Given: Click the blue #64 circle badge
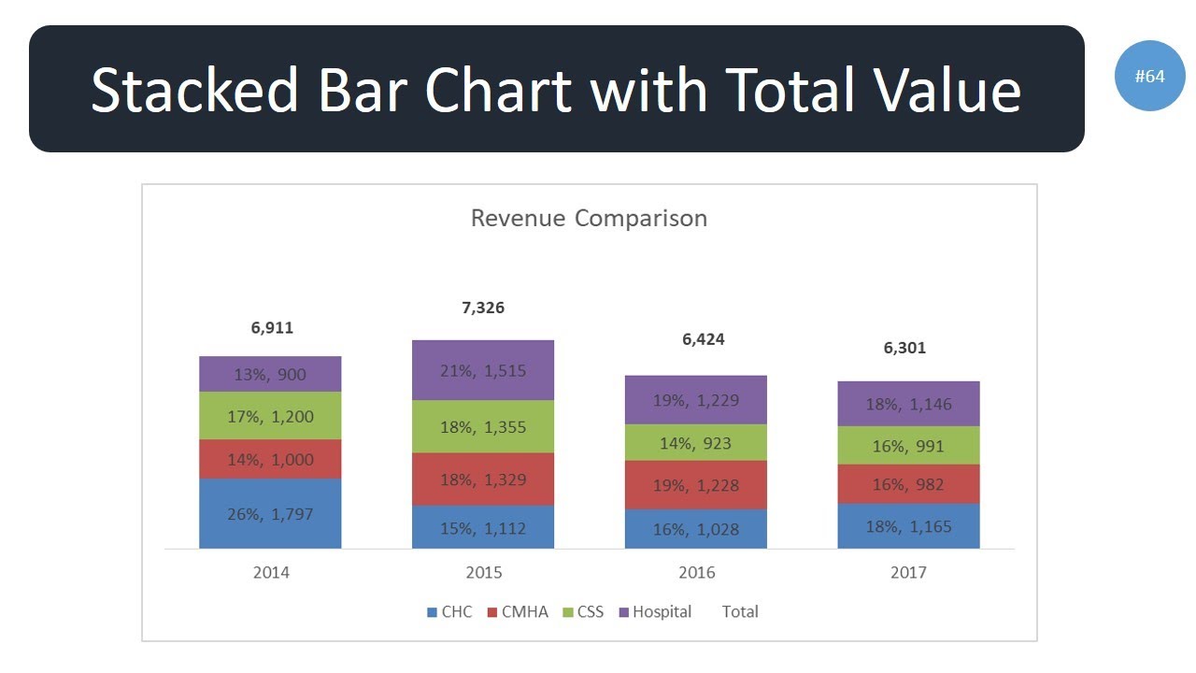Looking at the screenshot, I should click(x=1149, y=77).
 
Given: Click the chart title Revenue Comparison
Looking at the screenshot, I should click(x=589, y=219).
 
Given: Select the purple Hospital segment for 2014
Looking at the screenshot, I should click(x=270, y=374).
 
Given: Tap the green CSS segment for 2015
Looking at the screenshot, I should click(x=483, y=427).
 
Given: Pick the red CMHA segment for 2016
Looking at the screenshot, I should click(x=695, y=485).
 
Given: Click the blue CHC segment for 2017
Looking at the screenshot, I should click(x=908, y=526).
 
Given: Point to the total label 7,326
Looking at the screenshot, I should click(x=483, y=308).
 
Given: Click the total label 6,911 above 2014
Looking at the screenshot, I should click(x=272, y=328).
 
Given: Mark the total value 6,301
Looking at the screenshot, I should click(x=904, y=348).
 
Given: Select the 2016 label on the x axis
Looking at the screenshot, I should click(x=696, y=572).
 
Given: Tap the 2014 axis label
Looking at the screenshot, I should click(x=271, y=572).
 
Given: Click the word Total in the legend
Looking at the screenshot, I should click(x=740, y=612).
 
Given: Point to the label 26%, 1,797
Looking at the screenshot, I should click(x=270, y=513).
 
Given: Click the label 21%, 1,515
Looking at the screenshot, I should click(x=483, y=370).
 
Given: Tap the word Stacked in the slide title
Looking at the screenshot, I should click(x=194, y=91).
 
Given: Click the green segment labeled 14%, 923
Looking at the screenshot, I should click(x=695, y=443).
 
